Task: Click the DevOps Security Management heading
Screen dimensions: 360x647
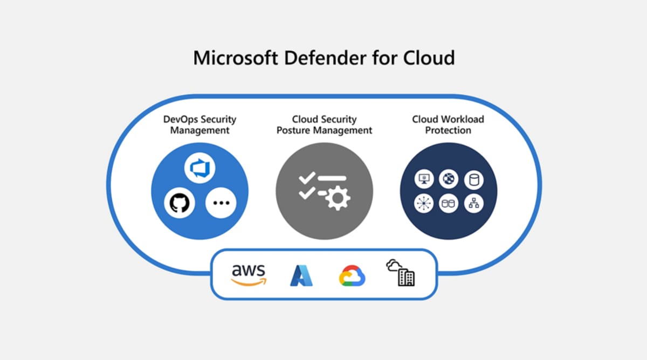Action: tap(199, 124)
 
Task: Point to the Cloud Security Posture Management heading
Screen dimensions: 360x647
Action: tap(324, 124)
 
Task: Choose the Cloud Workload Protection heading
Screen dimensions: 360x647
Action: tap(448, 124)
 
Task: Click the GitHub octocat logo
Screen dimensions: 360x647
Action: tap(180, 204)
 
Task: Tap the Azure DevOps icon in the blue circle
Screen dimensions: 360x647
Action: tap(199, 169)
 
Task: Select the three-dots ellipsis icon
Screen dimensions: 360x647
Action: tap(221, 204)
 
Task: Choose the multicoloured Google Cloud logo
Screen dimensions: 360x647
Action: tap(352, 275)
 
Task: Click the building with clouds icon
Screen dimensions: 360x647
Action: tap(401, 273)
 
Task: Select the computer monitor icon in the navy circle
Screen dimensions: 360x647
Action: tap(424, 179)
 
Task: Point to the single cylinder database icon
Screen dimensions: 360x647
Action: tap(473, 179)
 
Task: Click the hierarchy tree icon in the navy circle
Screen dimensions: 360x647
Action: tap(473, 203)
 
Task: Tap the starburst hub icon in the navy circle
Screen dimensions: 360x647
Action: tap(424, 203)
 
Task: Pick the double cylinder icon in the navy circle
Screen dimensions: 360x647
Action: tap(449, 203)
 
